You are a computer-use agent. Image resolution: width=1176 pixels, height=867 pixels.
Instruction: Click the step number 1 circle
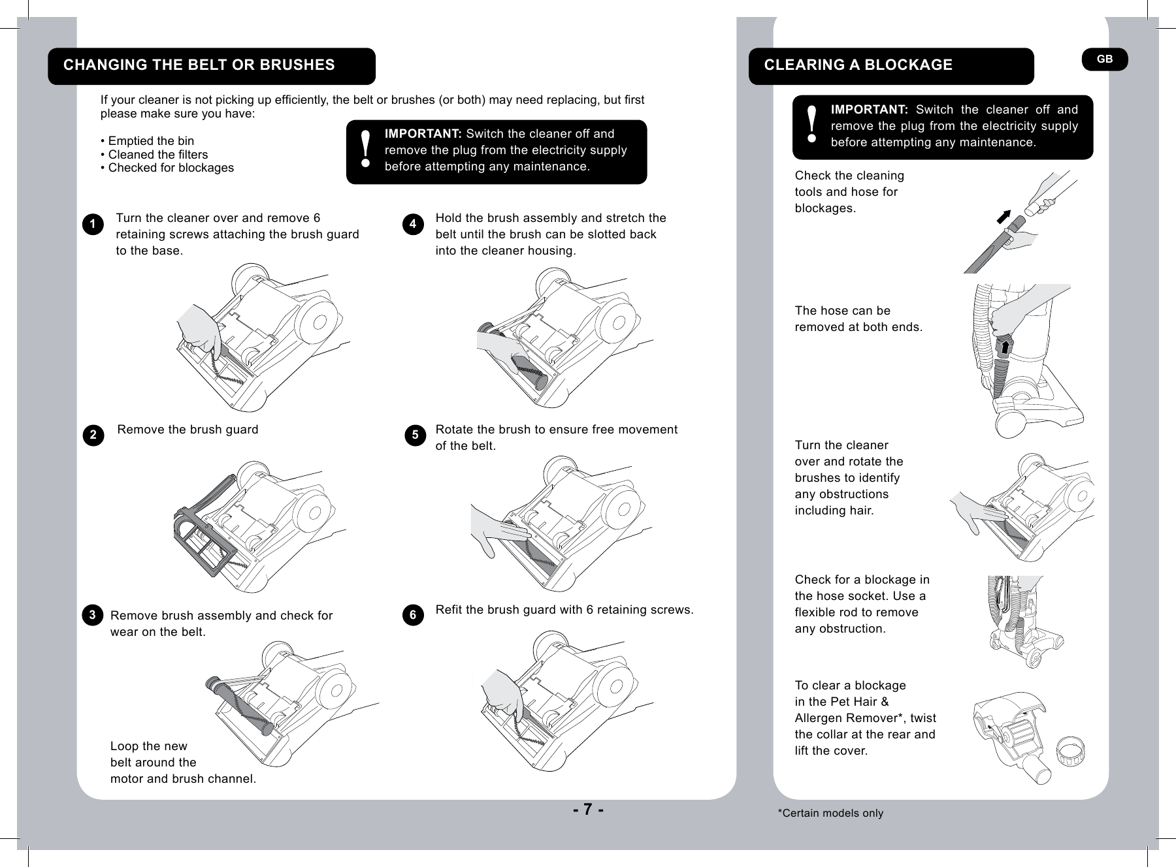click(93, 225)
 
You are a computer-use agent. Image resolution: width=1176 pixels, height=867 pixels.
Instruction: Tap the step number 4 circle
click(412, 225)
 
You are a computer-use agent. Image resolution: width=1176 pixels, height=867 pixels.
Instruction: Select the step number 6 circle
click(412, 616)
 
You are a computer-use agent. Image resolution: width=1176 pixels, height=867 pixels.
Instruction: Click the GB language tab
click(1104, 59)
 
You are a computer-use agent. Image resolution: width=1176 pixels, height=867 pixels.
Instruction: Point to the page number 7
click(588, 810)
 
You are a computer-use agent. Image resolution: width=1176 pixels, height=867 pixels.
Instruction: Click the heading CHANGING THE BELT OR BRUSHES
click(199, 65)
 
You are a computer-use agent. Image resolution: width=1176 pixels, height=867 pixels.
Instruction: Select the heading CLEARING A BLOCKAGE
click(858, 65)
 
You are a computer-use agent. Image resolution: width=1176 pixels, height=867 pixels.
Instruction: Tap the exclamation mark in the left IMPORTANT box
click(366, 148)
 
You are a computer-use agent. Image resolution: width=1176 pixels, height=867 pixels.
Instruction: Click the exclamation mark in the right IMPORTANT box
click(811, 125)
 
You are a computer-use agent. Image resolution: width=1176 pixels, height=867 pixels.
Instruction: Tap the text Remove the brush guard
click(188, 430)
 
